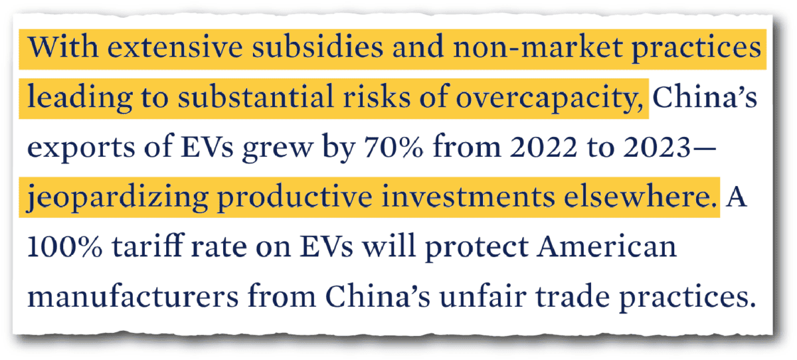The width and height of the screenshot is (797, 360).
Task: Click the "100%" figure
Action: click(x=65, y=247)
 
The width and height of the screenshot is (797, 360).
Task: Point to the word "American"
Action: click(x=600, y=247)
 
